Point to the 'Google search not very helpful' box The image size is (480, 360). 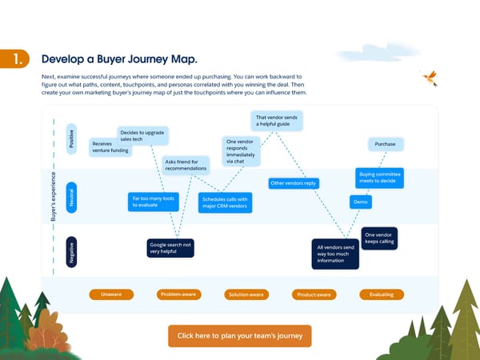[x=171, y=247]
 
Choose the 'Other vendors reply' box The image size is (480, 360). [x=294, y=183]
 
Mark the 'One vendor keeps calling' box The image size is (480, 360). [x=379, y=238]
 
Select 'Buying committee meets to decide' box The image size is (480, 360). [x=380, y=178]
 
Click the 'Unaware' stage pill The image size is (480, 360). [x=110, y=294]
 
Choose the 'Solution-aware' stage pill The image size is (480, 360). [x=245, y=294]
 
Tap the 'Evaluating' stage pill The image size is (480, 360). [x=381, y=294]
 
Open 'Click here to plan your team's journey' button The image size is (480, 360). [x=239, y=335]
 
